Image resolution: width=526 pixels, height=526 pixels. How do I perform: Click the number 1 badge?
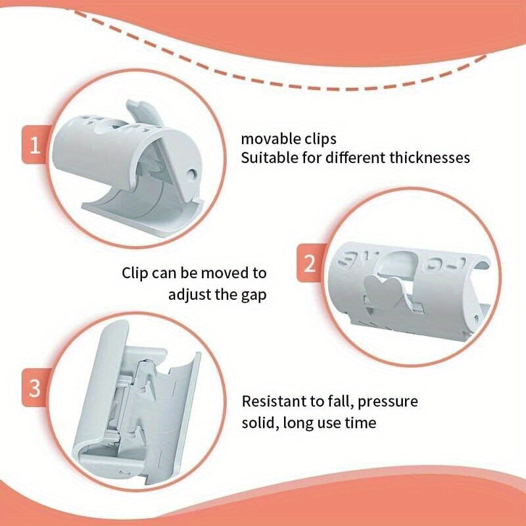[x=35, y=145]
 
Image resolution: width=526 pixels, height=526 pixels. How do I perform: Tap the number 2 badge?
[x=309, y=264]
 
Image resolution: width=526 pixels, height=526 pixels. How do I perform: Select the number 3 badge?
[x=35, y=388]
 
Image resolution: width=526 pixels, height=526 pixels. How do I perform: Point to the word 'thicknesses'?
[x=429, y=157]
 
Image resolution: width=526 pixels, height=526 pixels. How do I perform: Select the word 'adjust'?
[x=190, y=295]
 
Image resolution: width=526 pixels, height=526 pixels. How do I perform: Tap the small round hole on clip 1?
[x=192, y=174]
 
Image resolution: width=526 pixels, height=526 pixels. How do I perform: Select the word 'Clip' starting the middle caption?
[x=135, y=274]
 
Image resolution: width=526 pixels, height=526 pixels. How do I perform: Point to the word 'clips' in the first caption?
[x=320, y=139]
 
